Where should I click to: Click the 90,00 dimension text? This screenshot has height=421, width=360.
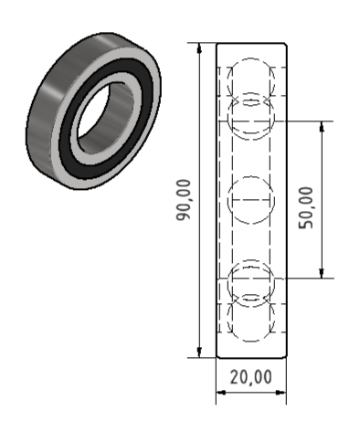[184, 200]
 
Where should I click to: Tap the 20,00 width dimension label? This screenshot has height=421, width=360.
[250, 376]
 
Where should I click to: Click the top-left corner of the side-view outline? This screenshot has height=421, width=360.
[216, 43]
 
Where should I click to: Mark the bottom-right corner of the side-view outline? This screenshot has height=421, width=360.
[287, 358]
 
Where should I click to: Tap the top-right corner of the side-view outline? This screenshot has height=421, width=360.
[287, 43]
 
